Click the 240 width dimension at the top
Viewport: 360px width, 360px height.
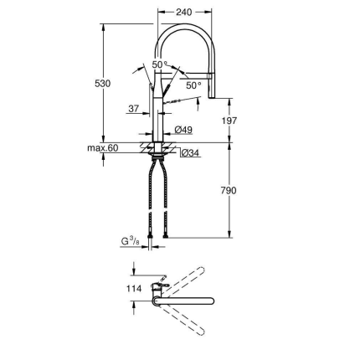pos(184,13)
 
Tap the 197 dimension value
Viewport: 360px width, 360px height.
pos(229,120)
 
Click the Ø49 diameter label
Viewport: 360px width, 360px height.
pos(184,130)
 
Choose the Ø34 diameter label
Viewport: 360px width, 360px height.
pos(189,153)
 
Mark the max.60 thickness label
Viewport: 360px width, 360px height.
pos(103,148)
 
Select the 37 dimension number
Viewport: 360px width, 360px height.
pos(133,109)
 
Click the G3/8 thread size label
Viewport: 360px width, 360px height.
pos(130,241)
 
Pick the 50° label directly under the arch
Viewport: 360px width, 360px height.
pos(159,64)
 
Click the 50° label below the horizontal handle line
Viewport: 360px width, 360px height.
pos(193,85)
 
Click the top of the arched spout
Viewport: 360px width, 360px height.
pos(184,27)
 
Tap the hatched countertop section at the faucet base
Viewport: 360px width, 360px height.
pos(157,148)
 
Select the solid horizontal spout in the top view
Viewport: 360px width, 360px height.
pos(188,299)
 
